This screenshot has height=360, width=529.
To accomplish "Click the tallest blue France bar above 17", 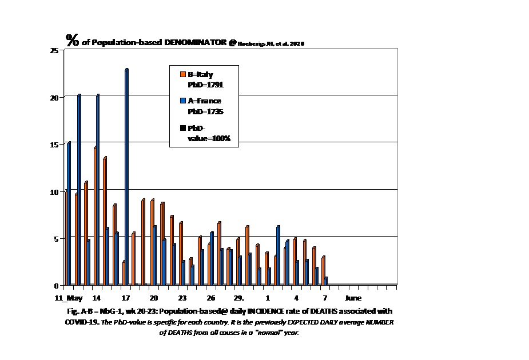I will click(126, 177).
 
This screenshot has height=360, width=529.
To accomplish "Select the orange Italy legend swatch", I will click(183, 74).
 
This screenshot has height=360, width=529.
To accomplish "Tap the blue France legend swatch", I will click(183, 101).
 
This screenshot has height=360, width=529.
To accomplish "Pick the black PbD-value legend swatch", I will click(183, 129).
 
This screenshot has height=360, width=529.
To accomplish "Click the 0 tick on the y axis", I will click(56, 286).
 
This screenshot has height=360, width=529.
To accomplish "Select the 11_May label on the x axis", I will click(69, 298).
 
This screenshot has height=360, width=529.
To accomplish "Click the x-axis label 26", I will click(211, 298).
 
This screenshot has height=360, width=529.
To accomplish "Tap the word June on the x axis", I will click(353, 298).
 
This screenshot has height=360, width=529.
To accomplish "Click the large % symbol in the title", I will click(72, 40).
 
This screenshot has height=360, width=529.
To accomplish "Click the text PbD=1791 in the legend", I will click(205, 85).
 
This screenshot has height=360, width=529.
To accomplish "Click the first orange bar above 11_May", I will click(66, 238).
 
